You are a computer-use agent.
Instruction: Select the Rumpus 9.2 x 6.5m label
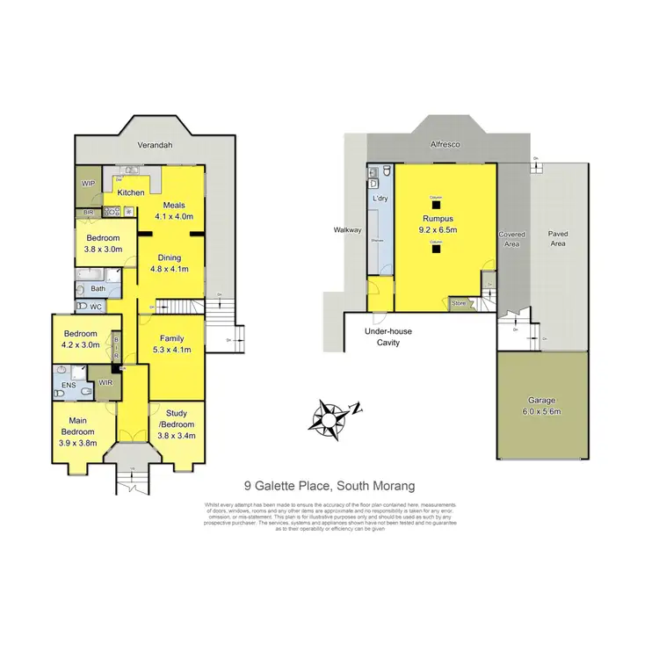click(x=436, y=223)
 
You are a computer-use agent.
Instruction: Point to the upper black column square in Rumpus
click(x=434, y=206)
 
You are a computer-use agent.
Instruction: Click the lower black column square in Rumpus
click(x=434, y=248)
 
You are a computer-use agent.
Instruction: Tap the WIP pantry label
click(x=88, y=184)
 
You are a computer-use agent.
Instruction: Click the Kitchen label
click(x=131, y=192)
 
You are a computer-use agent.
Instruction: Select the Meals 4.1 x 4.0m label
click(x=173, y=211)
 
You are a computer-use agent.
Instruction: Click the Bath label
click(x=98, y=288)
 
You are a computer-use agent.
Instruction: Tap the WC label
click(x=95, y=307)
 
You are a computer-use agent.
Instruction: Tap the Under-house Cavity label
click(x=388, y=337)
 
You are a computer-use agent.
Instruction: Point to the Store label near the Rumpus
click(x=459, y=303)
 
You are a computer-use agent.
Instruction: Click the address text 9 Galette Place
click(x=329, y=485)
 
